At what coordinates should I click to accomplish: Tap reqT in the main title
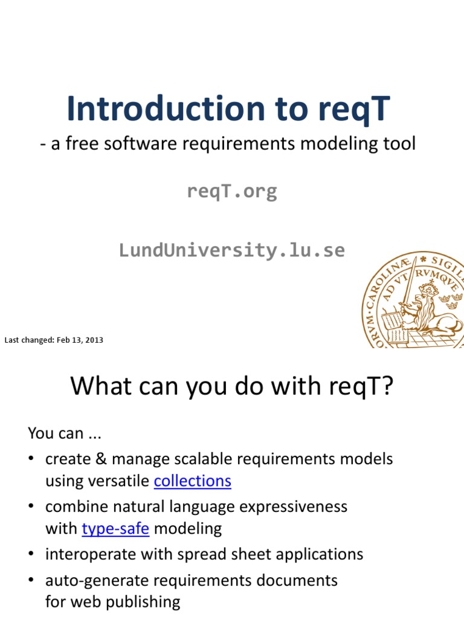click(352, 110)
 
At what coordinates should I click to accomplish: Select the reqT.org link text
click(232, 191)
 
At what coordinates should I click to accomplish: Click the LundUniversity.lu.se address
click(232, 250)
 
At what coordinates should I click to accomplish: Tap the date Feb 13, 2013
click(80, 340)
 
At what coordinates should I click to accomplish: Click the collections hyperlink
click(193, 481)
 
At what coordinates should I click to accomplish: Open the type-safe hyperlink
click(115, 529)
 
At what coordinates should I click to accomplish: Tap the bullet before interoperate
click(31, 554)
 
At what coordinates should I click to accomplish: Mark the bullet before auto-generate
click(31, 581)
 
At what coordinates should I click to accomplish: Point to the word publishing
click(146, 602)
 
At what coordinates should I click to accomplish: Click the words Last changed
click(29, 340)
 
